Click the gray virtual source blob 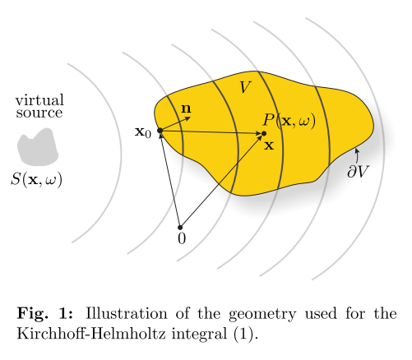click(38, 147)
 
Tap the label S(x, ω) click(36, 180)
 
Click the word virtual click(39, 100)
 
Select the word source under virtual click(39, 113)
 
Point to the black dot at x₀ click(160, 131)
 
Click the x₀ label click(143, 132)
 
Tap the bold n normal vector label click(186, 108)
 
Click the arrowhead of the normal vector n click(188, 118)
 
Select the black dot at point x click(264, 133)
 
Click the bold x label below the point click(269, 145)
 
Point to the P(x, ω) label click(289, 121)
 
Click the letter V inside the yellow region click(245, 87)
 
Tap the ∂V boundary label click(359, 172)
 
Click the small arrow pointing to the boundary click(357, 155)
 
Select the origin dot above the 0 click(180, 228)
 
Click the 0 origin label click(182, 238)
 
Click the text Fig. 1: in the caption click(45, 314)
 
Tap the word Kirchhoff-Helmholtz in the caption click(91, 334)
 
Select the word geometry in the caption click(262, 315)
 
